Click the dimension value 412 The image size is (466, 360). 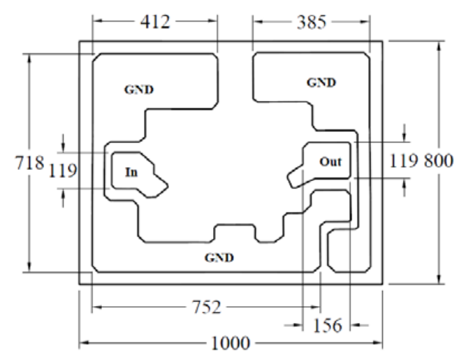[x=155, y=22]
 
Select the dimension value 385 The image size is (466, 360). [x=312, y=22]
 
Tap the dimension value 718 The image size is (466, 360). [x=29, y=163]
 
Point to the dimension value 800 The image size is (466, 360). [x=439, y=161]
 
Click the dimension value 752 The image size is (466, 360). [x=207, y=307]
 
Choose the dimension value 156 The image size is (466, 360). [x=328, y=325]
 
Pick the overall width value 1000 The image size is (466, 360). [x=231, y=343]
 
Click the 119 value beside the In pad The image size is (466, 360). [x=63, y=171]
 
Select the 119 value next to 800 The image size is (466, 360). [x=404, y=161]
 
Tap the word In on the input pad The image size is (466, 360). [x=131, y=172]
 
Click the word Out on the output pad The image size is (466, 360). [x=330, y=161]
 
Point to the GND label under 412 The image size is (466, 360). [x=139, y=89]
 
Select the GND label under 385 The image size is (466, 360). [x=321, y=82]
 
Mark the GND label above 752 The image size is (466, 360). [x=219, y=257]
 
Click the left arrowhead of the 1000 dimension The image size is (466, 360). [x=84, y=343]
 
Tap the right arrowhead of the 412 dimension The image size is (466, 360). [x=213, y=21]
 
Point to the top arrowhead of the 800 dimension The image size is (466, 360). [x=439, y=45]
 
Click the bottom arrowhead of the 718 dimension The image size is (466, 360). [x=29, y=267]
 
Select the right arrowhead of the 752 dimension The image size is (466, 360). [x=316, y=307]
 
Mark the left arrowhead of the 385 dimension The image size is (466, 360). [x=257, y=22]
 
